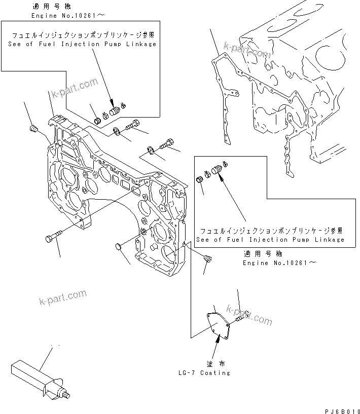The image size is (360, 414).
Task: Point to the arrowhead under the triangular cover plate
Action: (218, 341)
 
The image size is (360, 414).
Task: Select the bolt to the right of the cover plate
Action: (238, 318)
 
